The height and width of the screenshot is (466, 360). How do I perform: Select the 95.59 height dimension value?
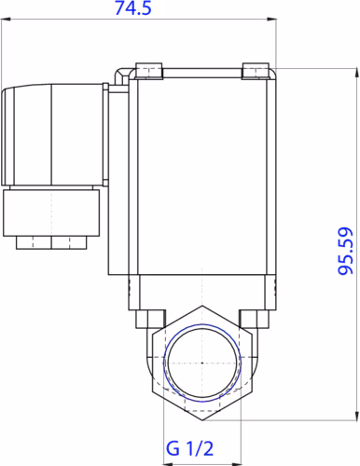344,252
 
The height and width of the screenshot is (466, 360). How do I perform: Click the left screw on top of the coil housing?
148,71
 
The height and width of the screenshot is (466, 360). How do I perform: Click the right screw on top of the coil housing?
254,71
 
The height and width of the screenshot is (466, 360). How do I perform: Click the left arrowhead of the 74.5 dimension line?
5,18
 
